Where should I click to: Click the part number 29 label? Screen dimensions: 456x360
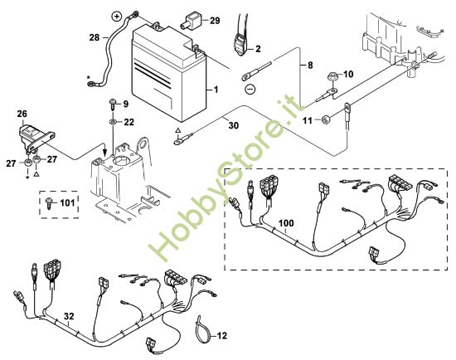[x=215, y=21]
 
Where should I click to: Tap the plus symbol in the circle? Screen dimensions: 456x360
[x=117, y=17]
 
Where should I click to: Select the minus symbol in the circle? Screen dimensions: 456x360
[x=250, y=88]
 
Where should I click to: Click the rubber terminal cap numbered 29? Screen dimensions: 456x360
[x=192, y=21]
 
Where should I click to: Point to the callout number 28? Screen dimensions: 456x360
[x=95, y=37]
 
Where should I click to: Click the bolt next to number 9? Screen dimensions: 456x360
[x=113, y=105]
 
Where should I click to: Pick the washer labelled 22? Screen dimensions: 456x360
[x=113, y=121]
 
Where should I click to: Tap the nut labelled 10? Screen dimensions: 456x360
[x=332, y=77]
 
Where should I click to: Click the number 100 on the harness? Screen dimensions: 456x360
[x=286, y=223]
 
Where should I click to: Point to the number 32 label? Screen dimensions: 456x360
[x=69, y=316]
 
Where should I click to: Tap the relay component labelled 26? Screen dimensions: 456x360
[x=34, y=136]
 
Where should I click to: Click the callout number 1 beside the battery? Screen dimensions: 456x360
[x=216, y=90]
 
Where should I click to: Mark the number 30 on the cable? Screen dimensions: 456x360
[x=234, y=125]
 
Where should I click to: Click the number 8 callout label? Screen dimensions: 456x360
[x=310, y=66]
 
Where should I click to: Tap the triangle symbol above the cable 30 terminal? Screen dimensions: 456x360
[x=178, y=131]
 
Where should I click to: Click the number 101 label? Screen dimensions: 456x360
[x=67, y=202]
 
